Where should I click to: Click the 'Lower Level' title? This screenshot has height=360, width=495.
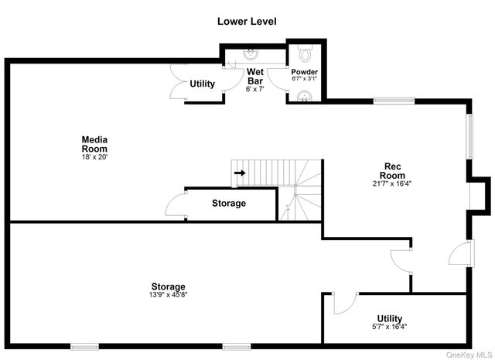[x=247, y=22]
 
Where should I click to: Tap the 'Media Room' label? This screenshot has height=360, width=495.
[x=94, y=144]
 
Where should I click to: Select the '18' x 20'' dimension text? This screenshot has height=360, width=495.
[x=94, y=157]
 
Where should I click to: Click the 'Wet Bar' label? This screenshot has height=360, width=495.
[x=255, y=77]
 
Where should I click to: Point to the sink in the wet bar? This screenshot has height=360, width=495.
[x=252, y=53]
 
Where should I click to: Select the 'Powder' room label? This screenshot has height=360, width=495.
[x=304, y=71]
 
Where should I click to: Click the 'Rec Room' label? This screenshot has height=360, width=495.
[x=392, y=170]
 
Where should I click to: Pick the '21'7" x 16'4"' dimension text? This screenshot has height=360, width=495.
[x=392, y=184]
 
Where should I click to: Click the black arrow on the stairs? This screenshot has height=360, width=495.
[x=240, y=173]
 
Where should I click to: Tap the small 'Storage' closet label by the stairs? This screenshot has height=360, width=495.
[x=228, y=204]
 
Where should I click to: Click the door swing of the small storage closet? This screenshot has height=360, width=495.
[x=176, y=207]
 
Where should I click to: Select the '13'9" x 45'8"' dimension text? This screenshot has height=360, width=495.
[x=168, y=295]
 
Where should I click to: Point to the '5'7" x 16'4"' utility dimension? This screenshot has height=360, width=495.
[x=389, y=327]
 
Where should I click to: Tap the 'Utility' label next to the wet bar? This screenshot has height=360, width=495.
[x=202, y=84]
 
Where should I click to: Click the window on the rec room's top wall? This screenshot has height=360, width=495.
[x=388, y=100]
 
